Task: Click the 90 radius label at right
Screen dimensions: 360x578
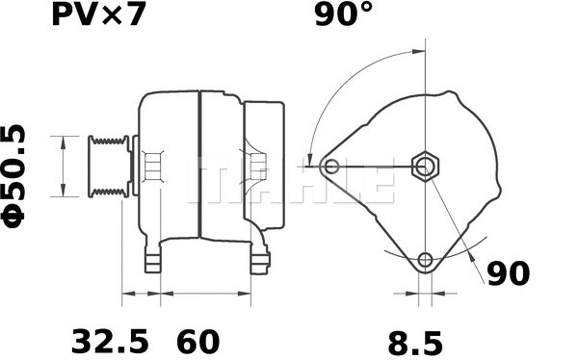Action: click(x=507, y=274)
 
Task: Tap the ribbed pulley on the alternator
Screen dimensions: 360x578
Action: click(x=108, y=167)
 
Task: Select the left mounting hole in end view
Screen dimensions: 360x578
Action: click(x=332, y=167)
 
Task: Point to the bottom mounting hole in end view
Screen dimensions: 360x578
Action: click(x=426, y=259)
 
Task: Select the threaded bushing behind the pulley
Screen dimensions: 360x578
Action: click(x=150, y=167)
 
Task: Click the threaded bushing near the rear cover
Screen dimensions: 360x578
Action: click(x=256, y=167)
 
